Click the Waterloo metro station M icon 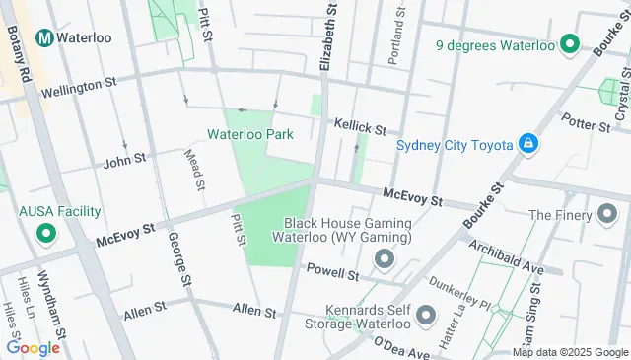tap(43, 37)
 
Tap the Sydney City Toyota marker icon tap(529, 145)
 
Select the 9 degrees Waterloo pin tap(569, 44)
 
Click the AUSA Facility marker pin tap(45, 234)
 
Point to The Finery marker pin tap(607, 214)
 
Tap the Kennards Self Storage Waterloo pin tap(426, 315)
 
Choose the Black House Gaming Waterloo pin tap(384, 260)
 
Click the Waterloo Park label tap(250, 134)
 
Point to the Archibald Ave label tap(506, 255)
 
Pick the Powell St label tap(331, 270)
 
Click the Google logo tap(33, 347)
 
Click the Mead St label tap(194, 169)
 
